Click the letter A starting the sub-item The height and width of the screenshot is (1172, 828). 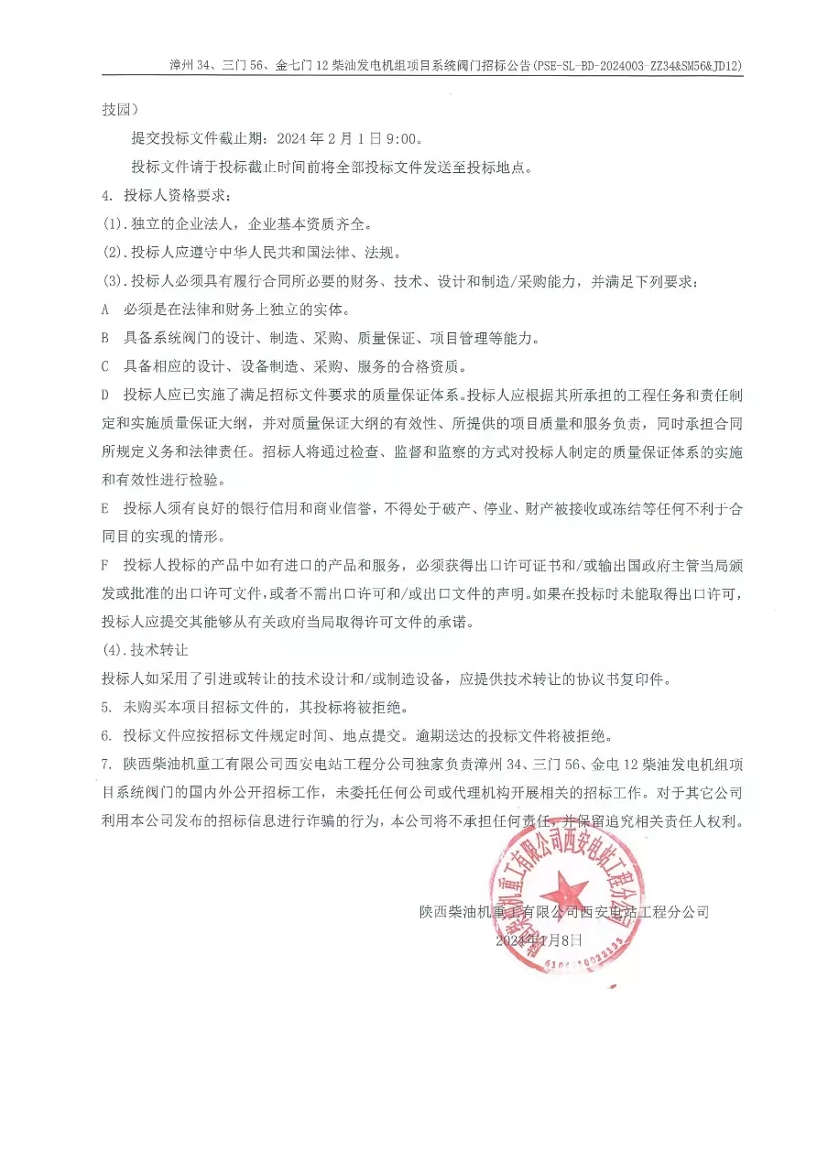[x=105, y=309]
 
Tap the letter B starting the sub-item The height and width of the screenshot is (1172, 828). [x=105, y=338]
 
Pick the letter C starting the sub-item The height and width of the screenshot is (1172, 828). [x=105, y=367]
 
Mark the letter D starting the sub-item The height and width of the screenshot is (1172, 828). [x=105, y=396]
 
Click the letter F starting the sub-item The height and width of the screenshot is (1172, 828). [x=105, y=565]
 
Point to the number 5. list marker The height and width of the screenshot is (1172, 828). [x=106, y=707]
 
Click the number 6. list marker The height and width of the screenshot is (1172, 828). [x=106, y=735]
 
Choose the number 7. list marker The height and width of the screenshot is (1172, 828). [x=106, y=764]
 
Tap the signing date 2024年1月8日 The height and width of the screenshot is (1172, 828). [x=539, y=940]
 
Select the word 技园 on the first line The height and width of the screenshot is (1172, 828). [x=117, y=110]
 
